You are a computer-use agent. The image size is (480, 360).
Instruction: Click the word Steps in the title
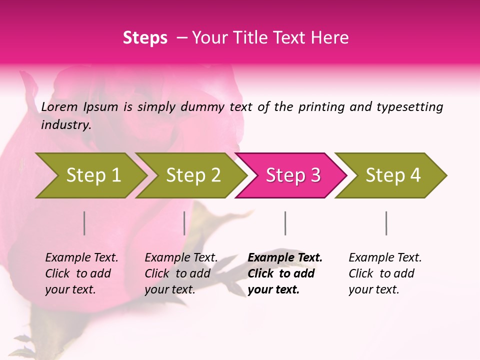[145, 38]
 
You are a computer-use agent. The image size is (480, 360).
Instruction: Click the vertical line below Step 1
[84, 223]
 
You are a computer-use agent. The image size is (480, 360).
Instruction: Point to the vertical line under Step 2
[184, 223]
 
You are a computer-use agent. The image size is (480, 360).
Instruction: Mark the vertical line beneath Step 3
[285, 223]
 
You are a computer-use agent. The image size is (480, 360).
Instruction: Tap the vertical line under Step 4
[386, 223]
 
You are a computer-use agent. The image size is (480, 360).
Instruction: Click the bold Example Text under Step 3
[285, 273]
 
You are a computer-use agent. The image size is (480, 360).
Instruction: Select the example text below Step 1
[81, 273]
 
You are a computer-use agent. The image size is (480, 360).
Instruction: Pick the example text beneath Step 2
[181, 273]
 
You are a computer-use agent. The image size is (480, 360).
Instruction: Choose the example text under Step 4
[385, 273]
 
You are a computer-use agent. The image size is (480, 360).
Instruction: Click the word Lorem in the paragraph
[59, 106]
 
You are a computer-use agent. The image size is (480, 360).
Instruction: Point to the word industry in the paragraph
[65, 125]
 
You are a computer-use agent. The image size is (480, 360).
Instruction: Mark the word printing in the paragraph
[321, 107]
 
